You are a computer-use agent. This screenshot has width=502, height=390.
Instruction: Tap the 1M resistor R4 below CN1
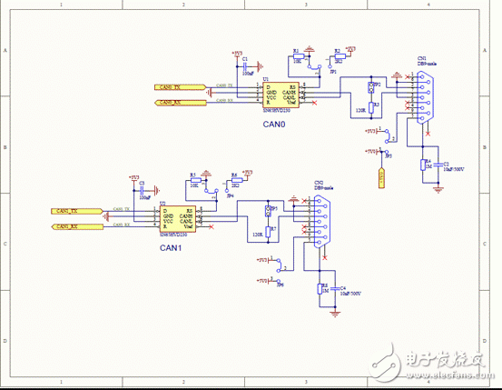coord(423,165)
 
